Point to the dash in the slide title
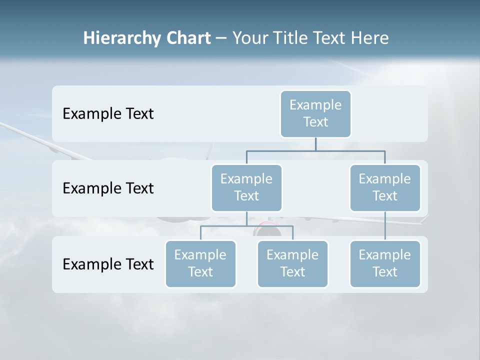[221, 38]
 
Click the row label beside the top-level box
[108, 113]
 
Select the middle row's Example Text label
[108, 188]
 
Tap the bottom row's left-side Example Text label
[108, 264]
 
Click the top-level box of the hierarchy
[315, 113]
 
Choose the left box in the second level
[246, 187]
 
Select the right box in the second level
[384, 187]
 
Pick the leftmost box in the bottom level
[200, 263]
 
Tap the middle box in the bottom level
[292, 263]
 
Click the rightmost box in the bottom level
[384, 263]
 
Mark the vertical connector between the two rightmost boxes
[385, 226]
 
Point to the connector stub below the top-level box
[315, 144]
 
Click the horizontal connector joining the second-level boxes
[315, 150]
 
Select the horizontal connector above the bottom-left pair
[246, 226]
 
